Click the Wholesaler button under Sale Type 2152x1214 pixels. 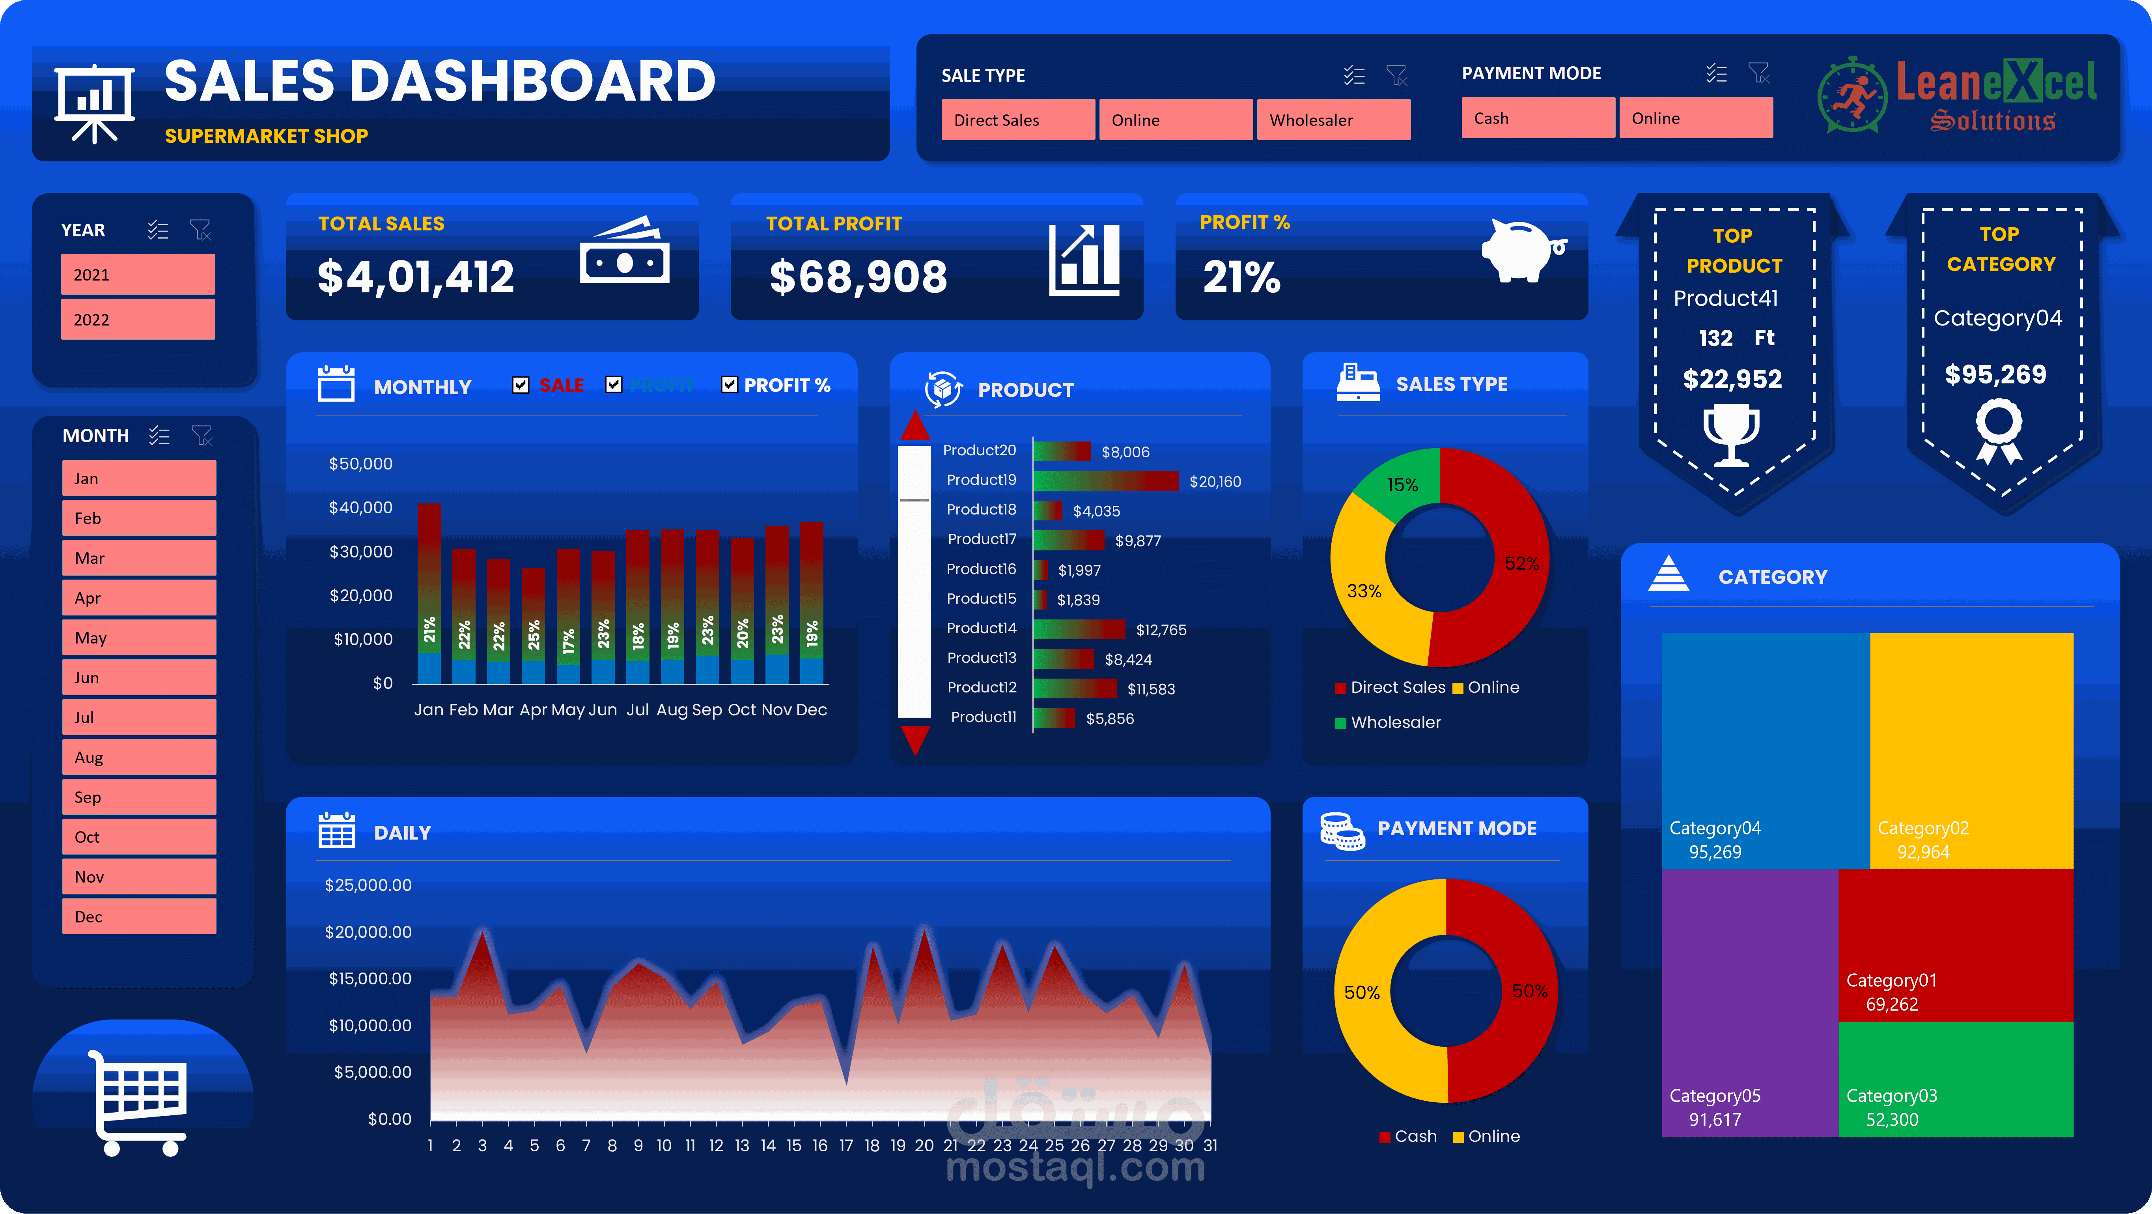click(x=1333, y=120)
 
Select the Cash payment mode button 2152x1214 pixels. click(x=1537, y=118)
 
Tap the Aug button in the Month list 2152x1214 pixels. click(x=139, y=757)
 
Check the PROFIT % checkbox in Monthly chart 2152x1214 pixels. click(x=729, y=384)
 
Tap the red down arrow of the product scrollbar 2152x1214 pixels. click(x=915, y=739)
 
